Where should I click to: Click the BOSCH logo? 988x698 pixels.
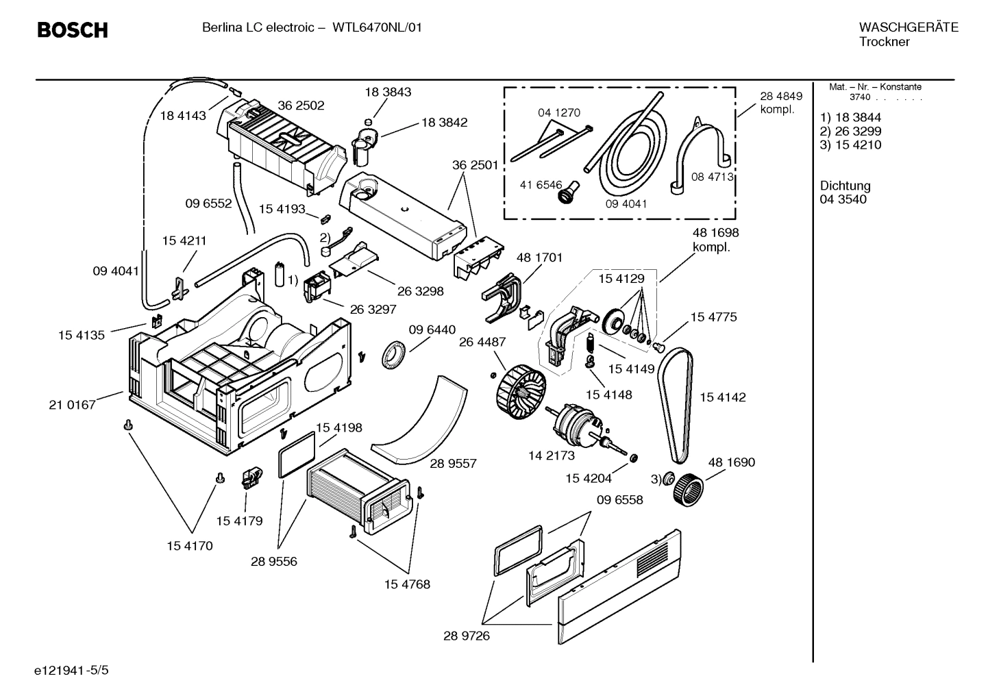point(72,30)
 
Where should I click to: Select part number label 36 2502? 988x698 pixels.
point(301,106)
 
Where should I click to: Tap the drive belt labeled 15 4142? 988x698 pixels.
point(675,404)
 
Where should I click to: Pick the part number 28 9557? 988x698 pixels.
point(453,464)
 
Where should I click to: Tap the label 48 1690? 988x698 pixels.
point(731,462)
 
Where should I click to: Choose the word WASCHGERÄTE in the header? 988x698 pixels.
point(908,27)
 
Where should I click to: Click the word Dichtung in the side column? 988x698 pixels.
point(845,186)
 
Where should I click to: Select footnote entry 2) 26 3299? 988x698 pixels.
point(850,131)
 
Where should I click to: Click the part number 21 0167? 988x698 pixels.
point(72,405)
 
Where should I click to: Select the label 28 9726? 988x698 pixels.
point(466,636)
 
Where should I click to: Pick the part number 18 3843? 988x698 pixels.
point(388,92)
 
